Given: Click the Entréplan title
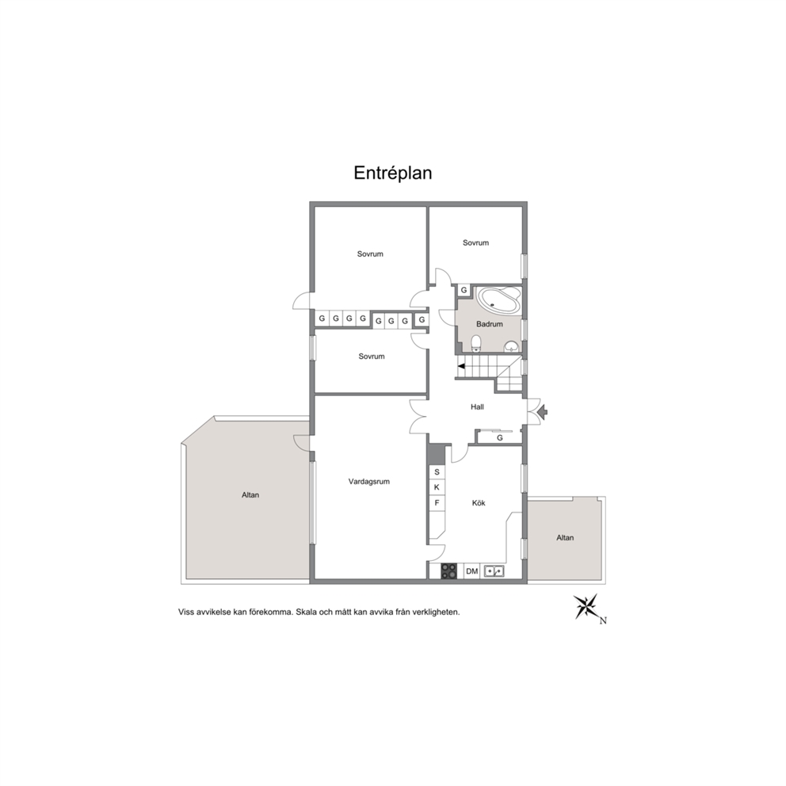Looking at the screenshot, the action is pos(392,173).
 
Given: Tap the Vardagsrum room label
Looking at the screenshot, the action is pos(369,482).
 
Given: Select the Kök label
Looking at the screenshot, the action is pos(479,503).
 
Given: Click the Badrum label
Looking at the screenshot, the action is pos(489,324).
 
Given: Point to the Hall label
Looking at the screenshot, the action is pos(477,407).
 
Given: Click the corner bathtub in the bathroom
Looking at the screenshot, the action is pos(498,300).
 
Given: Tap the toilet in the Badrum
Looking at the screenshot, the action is pos(476,343).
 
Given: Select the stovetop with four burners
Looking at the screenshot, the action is pos(448,571).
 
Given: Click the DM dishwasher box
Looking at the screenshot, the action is pos(471,571).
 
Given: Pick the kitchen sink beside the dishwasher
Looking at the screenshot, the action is pos(494,571).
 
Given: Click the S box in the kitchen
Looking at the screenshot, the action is pos(437,472).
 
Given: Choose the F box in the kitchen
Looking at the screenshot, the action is pos(437,503).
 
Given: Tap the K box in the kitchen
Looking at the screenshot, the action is pos(437,487).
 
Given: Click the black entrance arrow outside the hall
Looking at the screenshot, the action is pos(542,413).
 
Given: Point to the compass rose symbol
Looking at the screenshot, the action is pos(586,606).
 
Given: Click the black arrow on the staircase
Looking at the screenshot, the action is pos(461,366).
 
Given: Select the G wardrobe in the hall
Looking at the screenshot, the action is pos(499,437).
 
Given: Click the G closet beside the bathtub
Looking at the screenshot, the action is pos(464,290).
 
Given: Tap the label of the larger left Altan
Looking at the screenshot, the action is pos(250,495).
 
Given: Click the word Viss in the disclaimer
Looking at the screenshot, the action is pos(186,612).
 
